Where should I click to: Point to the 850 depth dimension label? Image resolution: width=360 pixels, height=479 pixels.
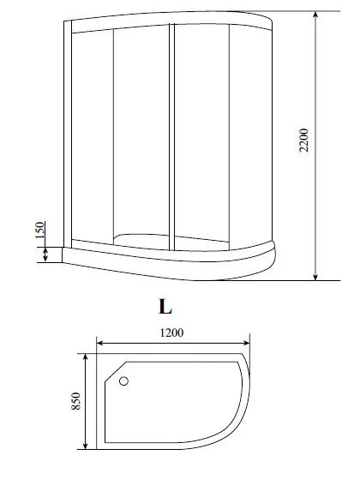[75, 401]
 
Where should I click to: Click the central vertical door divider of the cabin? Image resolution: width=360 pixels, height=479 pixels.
[173, 137]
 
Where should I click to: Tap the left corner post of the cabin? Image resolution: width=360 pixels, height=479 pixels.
[66, 137]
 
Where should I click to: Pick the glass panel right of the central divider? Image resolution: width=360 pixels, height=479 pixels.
[202, 137]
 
